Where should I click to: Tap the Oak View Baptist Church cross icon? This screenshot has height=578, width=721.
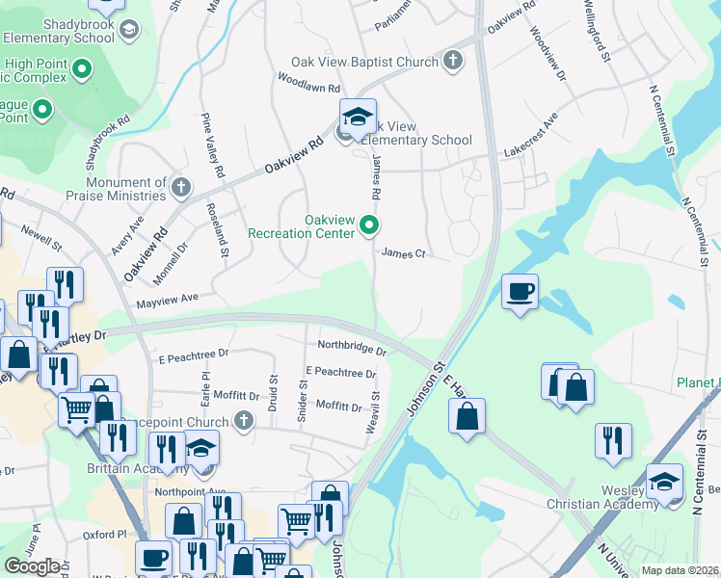tap(453, 63)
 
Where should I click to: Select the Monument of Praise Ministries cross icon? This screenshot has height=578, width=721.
tap(180, 187)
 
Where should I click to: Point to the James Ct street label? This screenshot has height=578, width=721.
tap(404, 253)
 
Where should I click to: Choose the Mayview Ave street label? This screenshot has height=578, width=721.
tap(166, 300)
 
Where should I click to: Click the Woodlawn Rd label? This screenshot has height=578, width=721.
tap(309, 82)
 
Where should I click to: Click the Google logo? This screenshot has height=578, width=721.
tap(32, 566)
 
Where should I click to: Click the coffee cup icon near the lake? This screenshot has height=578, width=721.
tap(521, 292)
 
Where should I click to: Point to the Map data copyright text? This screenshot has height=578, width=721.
tap(681, 570)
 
